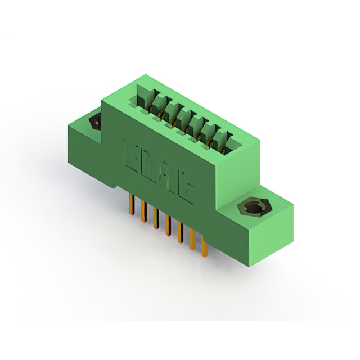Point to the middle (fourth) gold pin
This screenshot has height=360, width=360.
point(168,226)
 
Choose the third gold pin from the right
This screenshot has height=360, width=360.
point(180,233)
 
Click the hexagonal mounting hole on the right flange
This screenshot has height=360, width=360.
point(251,209)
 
